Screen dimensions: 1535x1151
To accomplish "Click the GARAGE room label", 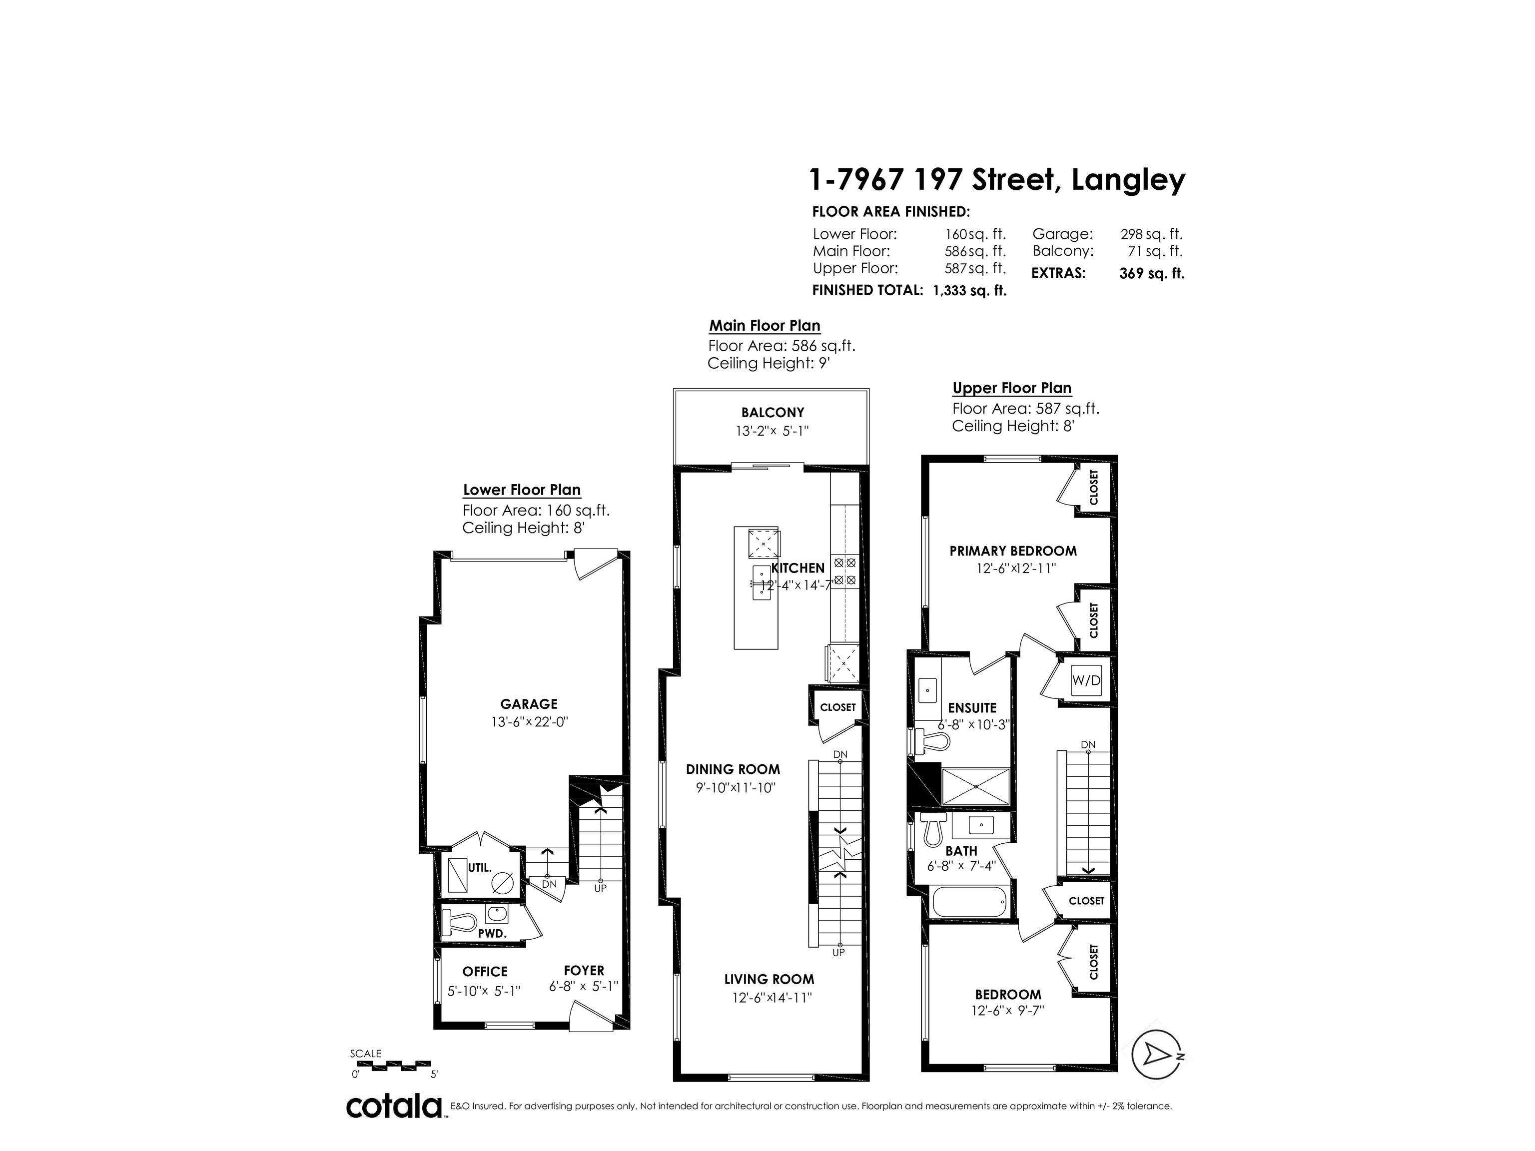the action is tap(529, 703).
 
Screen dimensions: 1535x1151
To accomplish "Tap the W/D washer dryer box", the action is tap(1086, 680).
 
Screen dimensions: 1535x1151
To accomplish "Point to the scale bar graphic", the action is tap(391, 1064).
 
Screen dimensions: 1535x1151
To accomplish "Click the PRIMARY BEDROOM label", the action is tap(1013, 551).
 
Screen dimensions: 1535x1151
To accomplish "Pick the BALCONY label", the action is tap(772, 412).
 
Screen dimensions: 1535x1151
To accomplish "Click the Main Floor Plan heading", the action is tap(765, 325).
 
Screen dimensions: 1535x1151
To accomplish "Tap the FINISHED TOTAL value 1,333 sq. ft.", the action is tap(969, 290).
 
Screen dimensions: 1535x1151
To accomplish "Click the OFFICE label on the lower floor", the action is tap(485, 971).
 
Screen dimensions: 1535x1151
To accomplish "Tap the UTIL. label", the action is tap(480, 867).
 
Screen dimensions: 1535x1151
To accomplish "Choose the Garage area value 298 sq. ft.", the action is tap(1151, 234).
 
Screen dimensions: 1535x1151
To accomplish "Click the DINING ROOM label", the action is tap(733, 769).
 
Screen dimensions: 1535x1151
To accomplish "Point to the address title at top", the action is tap(998, 180).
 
